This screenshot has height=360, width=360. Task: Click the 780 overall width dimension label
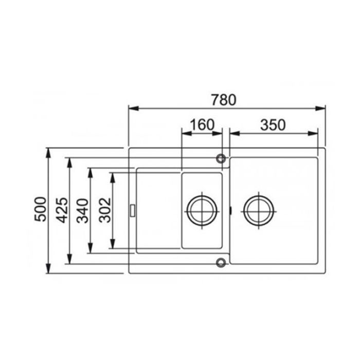click(x=223, y=100)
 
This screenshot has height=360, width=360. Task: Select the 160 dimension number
click(x=202, y=124)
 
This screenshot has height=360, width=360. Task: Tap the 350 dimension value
click(x=273, y=125)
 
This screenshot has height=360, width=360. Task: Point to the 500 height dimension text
click(x=40, y=209)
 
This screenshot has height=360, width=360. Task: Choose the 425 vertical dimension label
click(x=62, y=210)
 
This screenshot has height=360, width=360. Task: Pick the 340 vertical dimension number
click(x=82, y=211)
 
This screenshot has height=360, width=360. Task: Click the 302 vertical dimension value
click(x=105, y=210)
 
